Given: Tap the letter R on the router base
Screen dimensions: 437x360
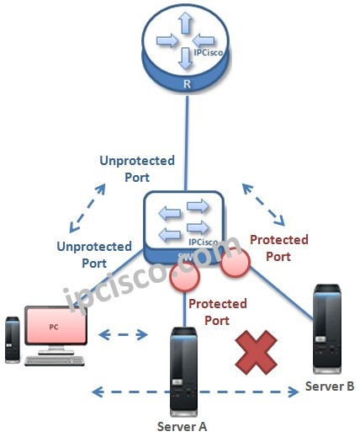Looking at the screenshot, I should (186, 84).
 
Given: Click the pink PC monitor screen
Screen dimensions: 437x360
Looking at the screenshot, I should (55, 327).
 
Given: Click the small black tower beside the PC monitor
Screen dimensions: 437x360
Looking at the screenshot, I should (11, 338).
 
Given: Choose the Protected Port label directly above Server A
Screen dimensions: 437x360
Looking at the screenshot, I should (217, 312).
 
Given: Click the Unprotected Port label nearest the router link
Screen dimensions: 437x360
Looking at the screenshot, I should (137, 168).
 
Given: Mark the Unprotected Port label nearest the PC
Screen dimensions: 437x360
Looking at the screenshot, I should (94, 254).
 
